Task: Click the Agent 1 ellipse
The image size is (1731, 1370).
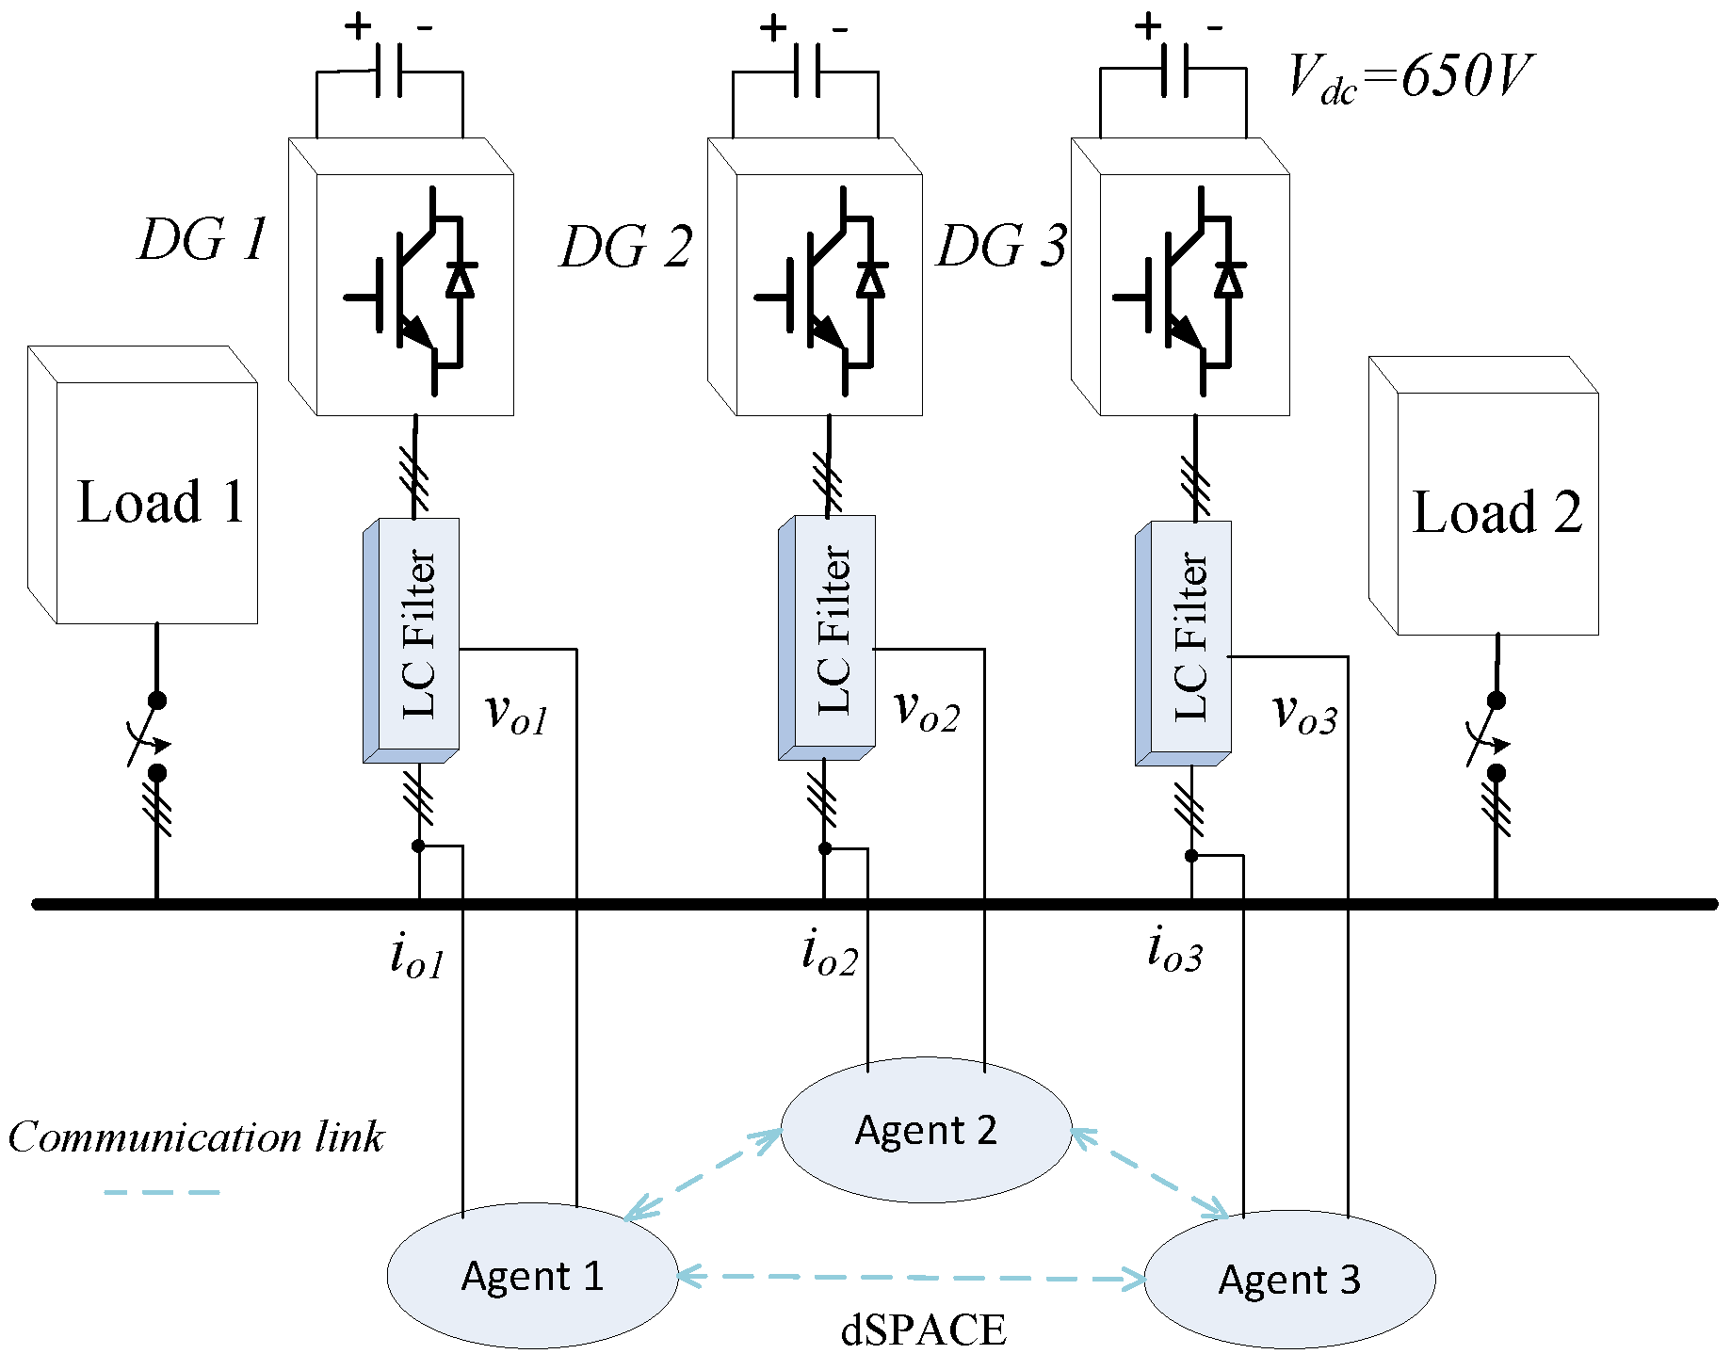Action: pos(532,1276)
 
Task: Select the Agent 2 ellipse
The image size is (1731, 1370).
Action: pos(926,1129)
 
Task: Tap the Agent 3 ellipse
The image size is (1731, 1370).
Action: pos(1289,1279)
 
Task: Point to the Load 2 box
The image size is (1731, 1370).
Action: pos(1497,513)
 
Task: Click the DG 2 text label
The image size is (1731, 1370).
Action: pos(626,248)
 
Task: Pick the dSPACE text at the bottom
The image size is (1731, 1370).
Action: pos(923,1330)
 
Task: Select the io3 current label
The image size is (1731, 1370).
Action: pos(1174,949)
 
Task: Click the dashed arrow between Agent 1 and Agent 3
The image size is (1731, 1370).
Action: pos(911,1278)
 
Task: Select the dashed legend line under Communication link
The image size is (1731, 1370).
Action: pos(161,1192)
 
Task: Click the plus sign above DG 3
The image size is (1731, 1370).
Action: pos(1148,26)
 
